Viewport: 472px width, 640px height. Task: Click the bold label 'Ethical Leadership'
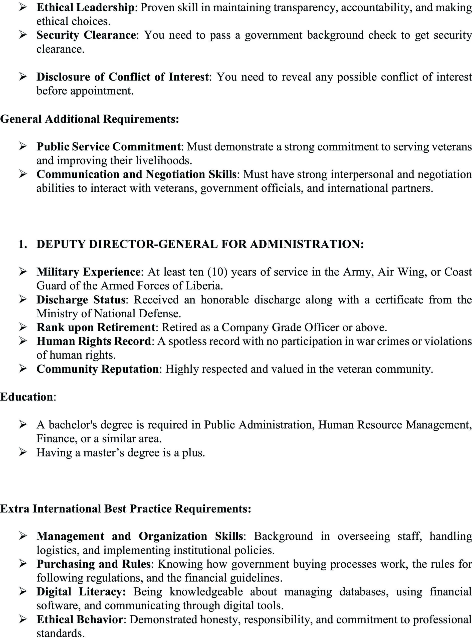pos(85,8)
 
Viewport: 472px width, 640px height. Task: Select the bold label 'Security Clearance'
pos(86,35)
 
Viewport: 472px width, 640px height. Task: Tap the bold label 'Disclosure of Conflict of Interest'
pos(123,77)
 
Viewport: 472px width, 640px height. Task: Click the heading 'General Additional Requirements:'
pos(89,119)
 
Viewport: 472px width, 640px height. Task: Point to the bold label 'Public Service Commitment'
pos(109,147)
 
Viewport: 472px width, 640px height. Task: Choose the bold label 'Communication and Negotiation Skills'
pos(136,174)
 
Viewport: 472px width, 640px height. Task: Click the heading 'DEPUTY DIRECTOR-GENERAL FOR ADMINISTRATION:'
pos(200,244)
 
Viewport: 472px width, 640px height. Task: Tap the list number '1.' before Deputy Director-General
pos(23,244)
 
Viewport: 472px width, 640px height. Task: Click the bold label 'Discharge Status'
pos(81,299)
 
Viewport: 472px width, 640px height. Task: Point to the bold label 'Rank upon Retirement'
pos(96,327)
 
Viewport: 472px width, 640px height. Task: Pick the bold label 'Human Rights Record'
pos(93,341)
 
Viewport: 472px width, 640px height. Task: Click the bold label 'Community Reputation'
pos(97,369)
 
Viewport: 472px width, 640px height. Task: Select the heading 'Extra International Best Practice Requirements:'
pos(125,509)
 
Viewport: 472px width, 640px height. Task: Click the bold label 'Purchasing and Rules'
pos(93,564)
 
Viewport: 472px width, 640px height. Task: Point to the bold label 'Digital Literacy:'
pos(81,592)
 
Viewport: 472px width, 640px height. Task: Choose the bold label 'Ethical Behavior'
pos(80,619)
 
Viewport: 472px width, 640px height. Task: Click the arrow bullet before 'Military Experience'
pos(23,272)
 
